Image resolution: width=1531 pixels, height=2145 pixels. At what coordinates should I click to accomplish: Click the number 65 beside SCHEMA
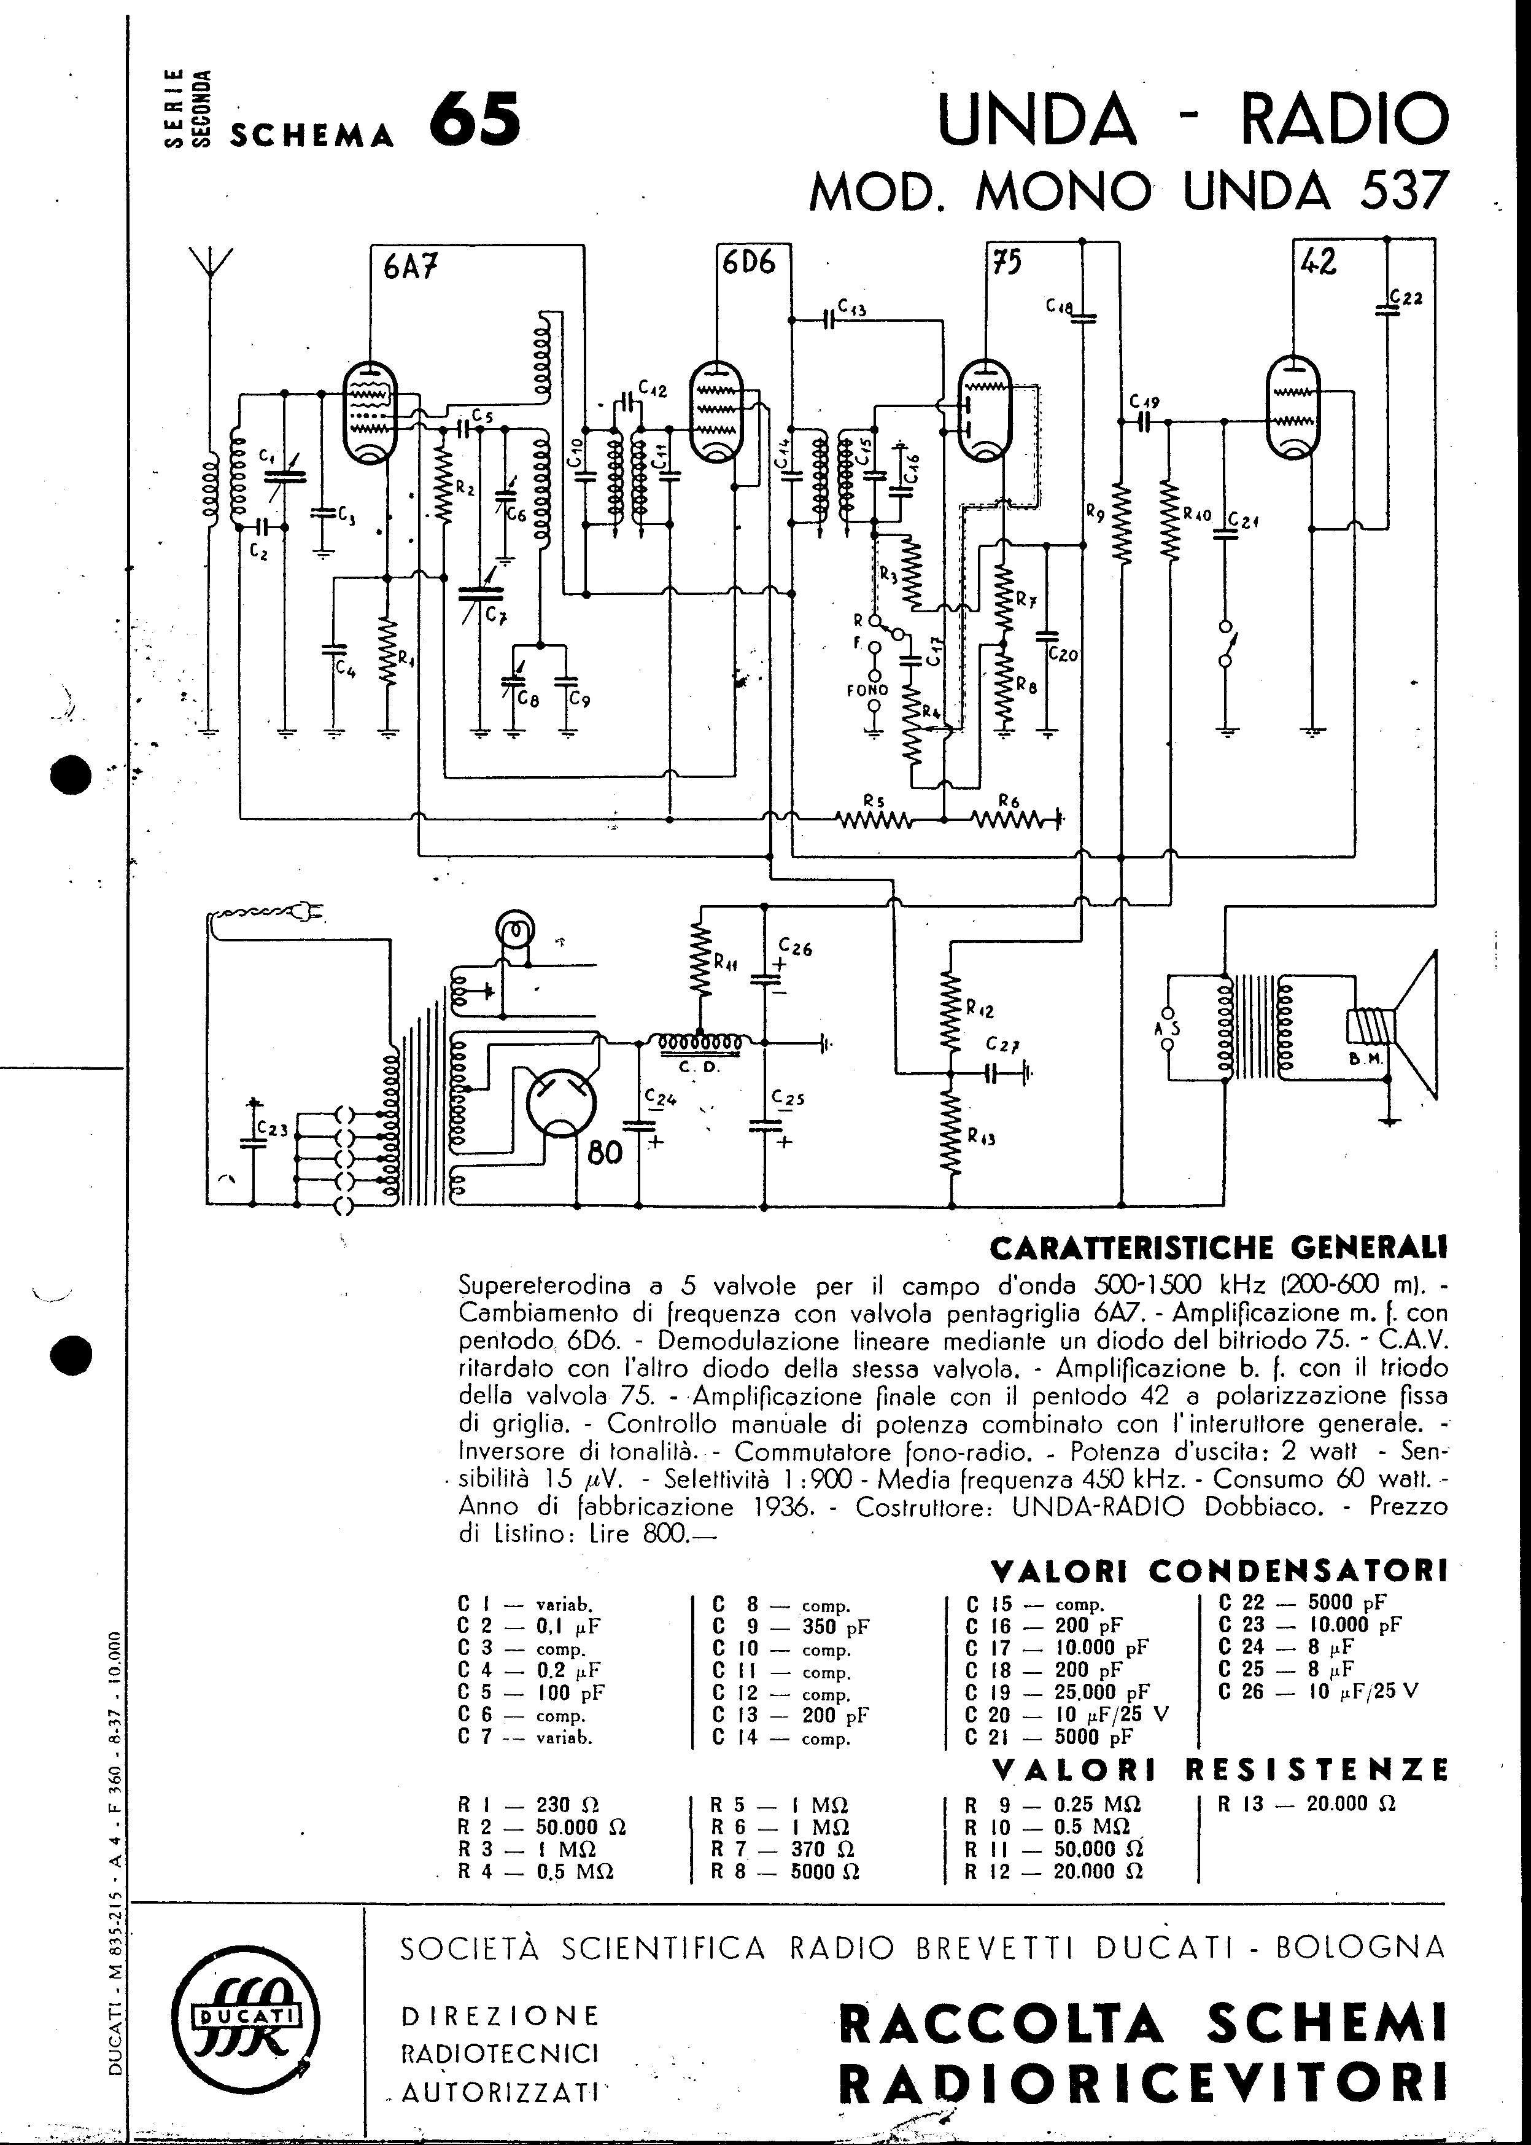474,120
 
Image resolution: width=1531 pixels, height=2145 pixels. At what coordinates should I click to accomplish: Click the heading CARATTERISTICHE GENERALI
1218,1247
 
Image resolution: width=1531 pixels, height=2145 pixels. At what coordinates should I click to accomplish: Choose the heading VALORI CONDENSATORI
1218,1570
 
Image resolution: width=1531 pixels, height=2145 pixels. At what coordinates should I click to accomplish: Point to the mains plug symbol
311,912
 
